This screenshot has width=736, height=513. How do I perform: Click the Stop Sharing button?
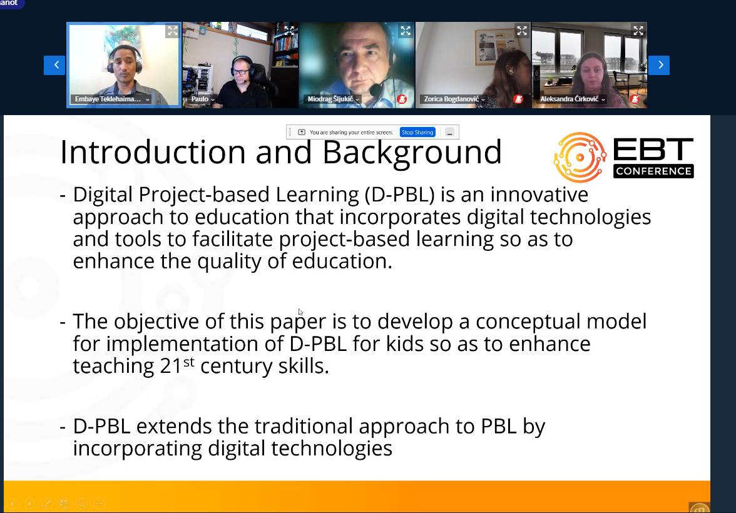(417, 133)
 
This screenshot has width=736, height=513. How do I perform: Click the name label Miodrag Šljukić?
(330, 99)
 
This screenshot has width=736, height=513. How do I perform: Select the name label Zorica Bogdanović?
(452, 99)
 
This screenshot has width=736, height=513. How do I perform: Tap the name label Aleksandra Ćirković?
(570, 99)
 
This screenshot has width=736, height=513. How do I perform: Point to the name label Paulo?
(200, 99)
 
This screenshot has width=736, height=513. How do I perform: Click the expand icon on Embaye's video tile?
(172, 31)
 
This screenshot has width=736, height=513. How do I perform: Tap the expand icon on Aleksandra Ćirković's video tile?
(638, 31)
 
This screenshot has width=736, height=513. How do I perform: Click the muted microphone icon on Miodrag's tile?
(402, 99)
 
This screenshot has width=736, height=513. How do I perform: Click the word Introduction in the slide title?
(153, 152)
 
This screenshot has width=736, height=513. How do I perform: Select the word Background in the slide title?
(412, 152)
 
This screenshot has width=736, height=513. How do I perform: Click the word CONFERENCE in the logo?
(653, 171)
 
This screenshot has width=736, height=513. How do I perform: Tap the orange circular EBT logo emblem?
(580, 157)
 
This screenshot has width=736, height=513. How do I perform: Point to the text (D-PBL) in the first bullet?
(400, 195)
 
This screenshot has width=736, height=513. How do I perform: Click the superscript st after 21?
(188, 362)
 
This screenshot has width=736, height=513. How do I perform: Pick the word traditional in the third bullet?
(304, 426)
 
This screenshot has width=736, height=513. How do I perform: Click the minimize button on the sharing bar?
(449, 133)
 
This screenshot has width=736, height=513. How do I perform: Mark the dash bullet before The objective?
(63, 323)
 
